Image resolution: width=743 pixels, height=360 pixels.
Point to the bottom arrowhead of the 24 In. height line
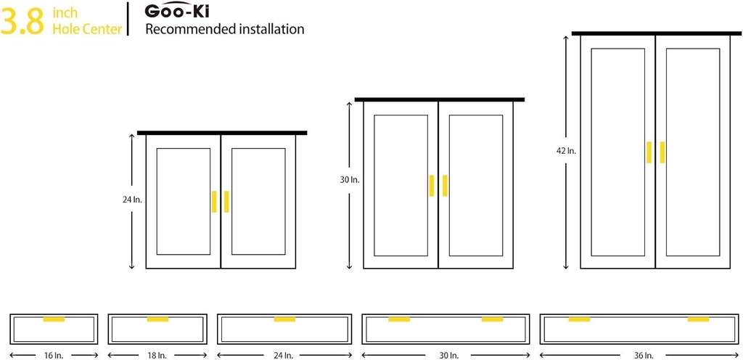(132, 269)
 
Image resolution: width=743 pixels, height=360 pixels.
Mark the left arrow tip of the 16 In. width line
(10, 355)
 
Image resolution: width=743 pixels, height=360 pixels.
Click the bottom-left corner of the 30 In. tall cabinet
(364, 269)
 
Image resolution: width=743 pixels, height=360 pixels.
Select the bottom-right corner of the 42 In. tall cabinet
(730, 269)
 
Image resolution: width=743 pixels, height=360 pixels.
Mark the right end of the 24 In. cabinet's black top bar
(307, 133)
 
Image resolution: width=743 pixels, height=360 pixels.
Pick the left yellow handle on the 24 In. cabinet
(214, 202)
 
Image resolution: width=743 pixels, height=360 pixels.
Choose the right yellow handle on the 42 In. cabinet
(662, 152)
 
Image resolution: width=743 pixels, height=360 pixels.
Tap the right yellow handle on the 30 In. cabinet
(445, 186)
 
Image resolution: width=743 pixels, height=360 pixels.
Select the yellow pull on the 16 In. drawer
(54, 319)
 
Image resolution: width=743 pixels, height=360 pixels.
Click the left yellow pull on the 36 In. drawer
(579, 319)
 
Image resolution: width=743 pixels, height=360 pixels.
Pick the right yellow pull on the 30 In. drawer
(493, 319)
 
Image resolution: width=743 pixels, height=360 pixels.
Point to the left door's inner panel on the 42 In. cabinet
(618, 152)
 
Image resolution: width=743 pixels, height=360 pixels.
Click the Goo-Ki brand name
(177, 10)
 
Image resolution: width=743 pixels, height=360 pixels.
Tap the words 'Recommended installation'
(225, 29)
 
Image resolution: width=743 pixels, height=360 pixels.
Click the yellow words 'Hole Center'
(87, 29)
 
